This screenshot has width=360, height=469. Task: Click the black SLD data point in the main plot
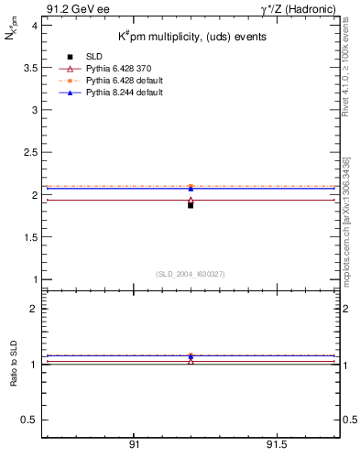191,205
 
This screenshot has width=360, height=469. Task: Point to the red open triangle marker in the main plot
191,200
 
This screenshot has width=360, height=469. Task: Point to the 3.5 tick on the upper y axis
31,68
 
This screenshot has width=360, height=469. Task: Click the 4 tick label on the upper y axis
34,26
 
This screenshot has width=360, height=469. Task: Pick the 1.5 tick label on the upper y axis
31,237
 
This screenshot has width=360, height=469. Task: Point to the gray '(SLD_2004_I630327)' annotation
191,273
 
